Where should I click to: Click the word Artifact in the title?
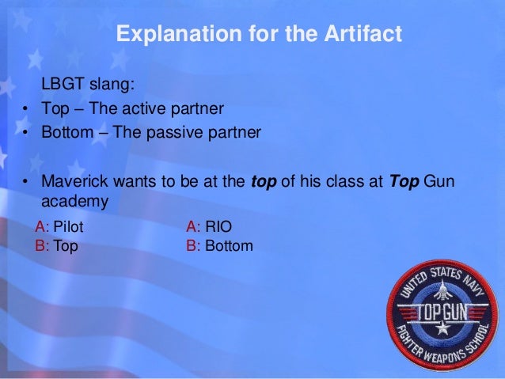click(x=362, y=35)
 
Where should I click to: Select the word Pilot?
click(x=68, y=228)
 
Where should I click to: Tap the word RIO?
click(x=218, y=228)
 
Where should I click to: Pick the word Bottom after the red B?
click(x=229, y=246)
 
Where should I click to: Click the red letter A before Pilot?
click(x=40, y=228)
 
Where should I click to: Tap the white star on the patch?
click(x=443, y=328)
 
